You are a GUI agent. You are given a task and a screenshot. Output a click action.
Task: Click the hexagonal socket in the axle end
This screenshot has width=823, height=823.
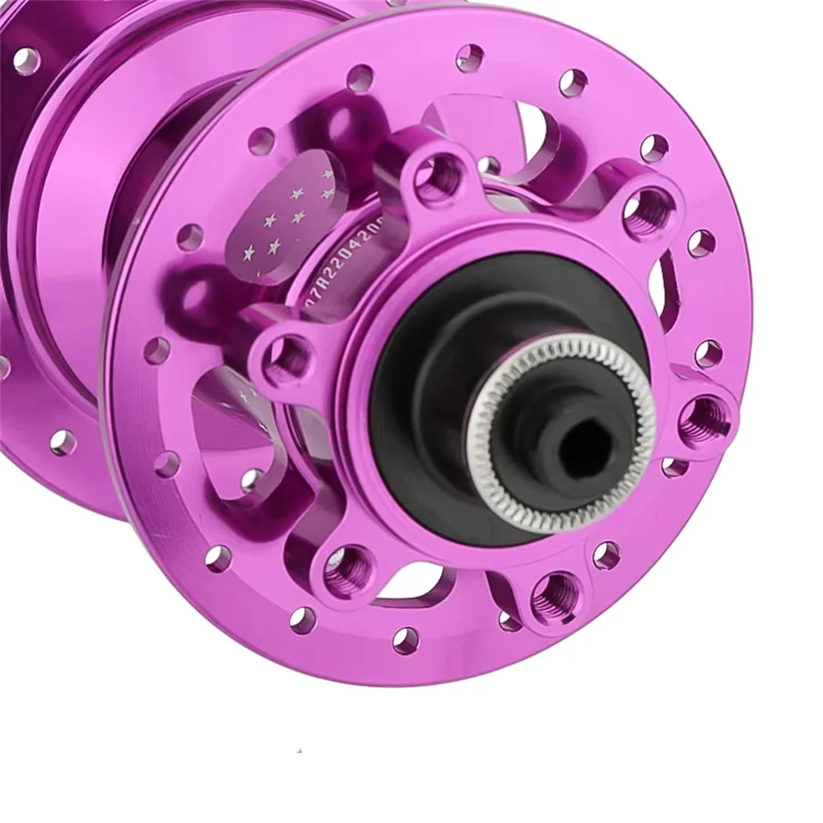tap(581, 448)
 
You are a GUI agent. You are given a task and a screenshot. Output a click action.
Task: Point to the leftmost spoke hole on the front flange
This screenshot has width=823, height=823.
tap(156, 351)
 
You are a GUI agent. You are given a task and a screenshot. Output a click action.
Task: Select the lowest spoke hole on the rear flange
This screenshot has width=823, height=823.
tap(61, 442)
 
